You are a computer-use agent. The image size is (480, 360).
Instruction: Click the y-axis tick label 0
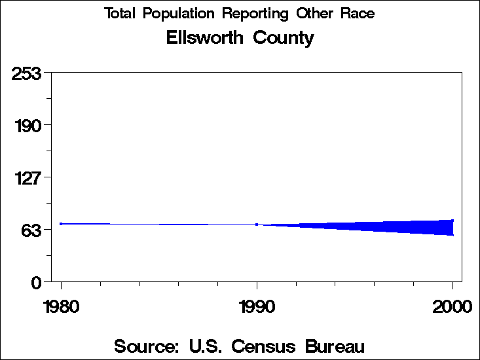click(37, 282)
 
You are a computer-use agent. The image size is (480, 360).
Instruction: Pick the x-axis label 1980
click(61, 306)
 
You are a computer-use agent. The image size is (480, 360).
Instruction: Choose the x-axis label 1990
click(257, 306)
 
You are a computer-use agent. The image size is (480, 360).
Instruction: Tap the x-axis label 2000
click(452, 306)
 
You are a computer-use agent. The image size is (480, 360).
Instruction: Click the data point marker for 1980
click(61, 224)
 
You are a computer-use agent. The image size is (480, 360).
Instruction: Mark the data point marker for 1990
click(257, 225)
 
